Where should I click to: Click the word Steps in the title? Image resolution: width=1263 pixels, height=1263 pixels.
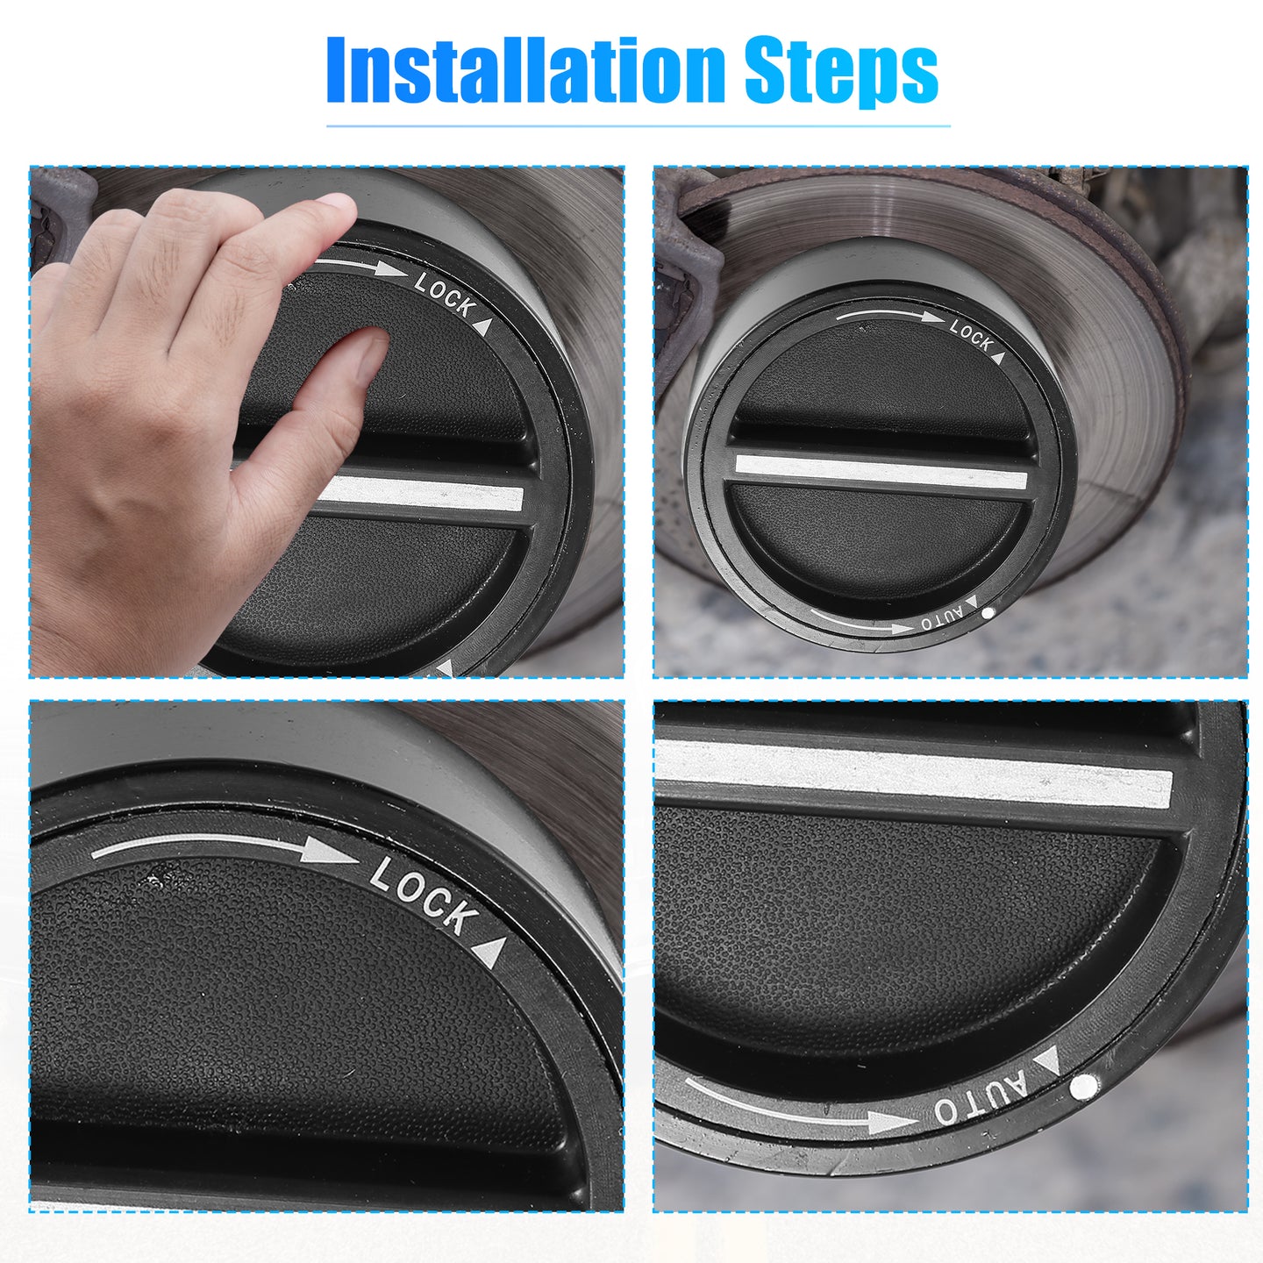pyautogui.click(x=842, y=72)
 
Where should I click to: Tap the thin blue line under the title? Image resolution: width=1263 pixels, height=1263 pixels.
pyautogui.click(x=639, y=125)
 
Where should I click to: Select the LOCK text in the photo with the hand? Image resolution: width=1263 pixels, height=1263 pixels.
pyautogui.click(x=445, y=296)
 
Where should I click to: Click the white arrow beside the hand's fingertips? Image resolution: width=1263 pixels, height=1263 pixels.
pyautogui.click(x=360, y=266)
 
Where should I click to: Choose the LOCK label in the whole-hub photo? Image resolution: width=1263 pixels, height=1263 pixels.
pyautogui.click(x=971, y=333)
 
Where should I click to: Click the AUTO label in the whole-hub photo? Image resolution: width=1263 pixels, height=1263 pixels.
pyautogui.click(x=943, y=618)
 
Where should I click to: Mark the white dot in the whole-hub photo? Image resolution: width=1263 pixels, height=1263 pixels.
pyautogui.click(x=988, y=612)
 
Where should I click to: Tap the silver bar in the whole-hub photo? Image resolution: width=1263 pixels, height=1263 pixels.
pyautogui.click(x=881, y=471)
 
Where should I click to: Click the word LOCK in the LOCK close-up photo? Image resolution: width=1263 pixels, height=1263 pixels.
pyautogui.click(x=421, y=896)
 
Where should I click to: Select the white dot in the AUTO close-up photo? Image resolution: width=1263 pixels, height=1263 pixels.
pyautogui.click(x=1084, y=1087)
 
